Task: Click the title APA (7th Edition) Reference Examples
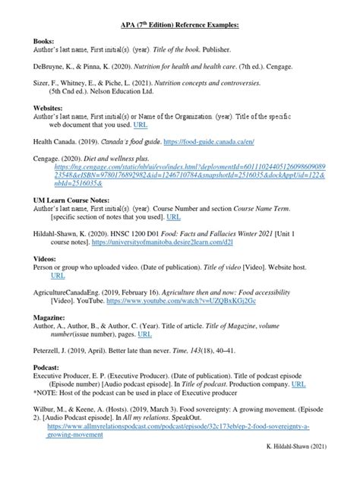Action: [x=180, y=25]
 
